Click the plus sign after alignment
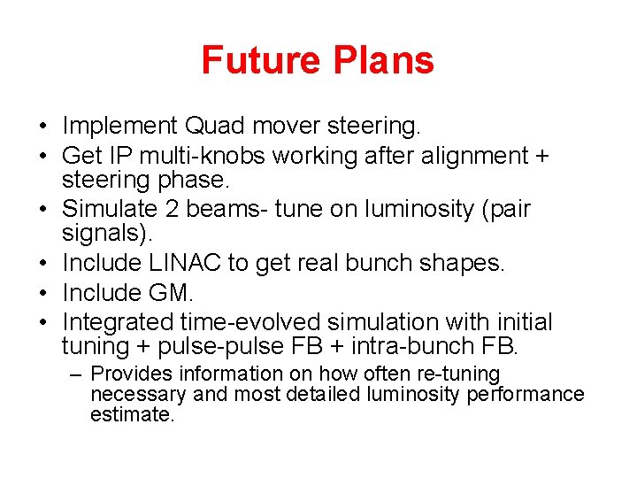(x=541, y=156)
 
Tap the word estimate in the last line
(x=132, y=414)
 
